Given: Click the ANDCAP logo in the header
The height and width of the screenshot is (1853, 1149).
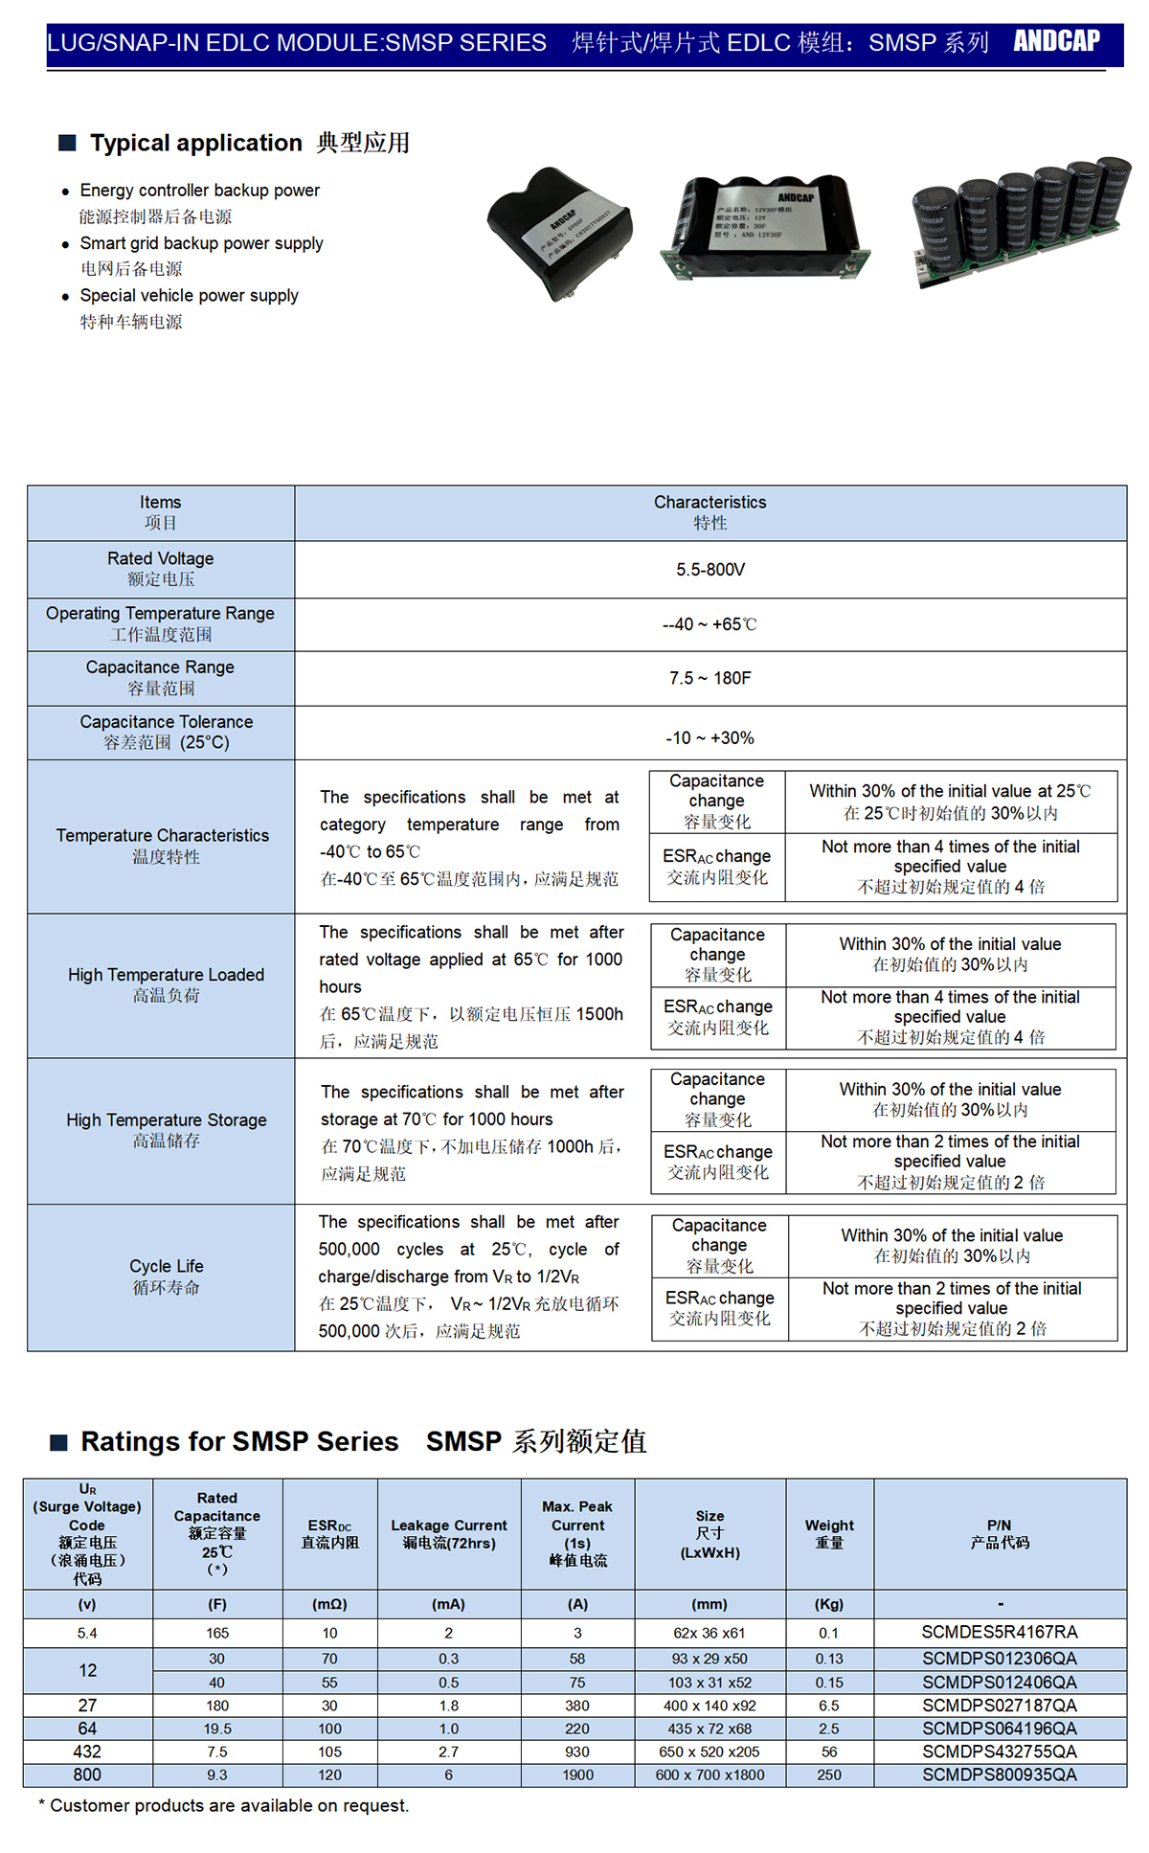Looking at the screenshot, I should [x=1056, y=41].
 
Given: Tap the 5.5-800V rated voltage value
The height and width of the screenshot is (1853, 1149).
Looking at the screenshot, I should [x=710, y=570].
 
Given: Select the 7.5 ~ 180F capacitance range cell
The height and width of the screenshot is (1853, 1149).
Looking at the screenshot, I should [x=710, y=678].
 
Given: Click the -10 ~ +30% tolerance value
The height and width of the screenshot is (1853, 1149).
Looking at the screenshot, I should [x=710, y=738].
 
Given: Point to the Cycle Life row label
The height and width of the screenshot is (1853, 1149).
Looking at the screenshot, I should [x=166, y=1277].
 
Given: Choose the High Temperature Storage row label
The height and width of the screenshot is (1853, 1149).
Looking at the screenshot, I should [x=166, y=1130].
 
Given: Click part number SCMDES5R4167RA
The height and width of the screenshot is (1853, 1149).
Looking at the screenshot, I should [x=999, y=1632].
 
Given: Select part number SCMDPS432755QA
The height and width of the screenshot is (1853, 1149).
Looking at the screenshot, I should [x=999, y=1751].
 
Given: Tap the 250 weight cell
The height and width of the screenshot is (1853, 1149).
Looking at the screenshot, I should [x=829, y=1774].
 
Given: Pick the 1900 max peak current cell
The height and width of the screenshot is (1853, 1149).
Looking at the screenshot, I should [x=577, y=1774].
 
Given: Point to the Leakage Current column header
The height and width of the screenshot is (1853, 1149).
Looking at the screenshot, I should [x=449, y=1533].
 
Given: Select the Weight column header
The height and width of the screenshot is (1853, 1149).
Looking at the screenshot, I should [x=829, y=1533].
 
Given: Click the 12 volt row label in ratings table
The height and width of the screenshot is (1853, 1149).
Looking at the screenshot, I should [x=87, y=1670].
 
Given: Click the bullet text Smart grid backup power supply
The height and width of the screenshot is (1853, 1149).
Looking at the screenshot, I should [x=201, y=243].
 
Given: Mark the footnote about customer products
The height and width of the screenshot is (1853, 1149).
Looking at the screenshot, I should [x=224, y=1806].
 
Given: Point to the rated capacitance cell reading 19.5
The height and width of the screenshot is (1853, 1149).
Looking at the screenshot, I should [x=217, y=1729].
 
